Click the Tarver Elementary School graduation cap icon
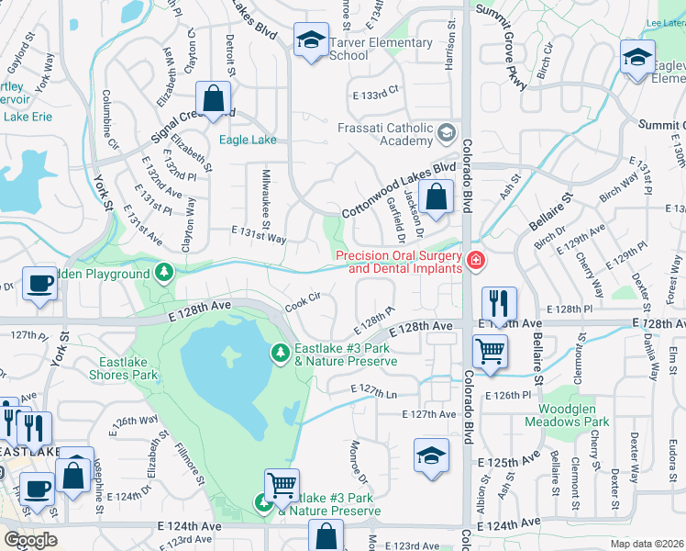coord(312,40)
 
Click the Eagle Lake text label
coord(248,140)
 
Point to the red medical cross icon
coord(475,262)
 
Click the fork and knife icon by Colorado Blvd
coord(499,303)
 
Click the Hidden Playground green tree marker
coord(164,273)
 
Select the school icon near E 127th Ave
coord(431,455)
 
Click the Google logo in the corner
coord(29,539)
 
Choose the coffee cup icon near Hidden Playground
coord(39,284)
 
